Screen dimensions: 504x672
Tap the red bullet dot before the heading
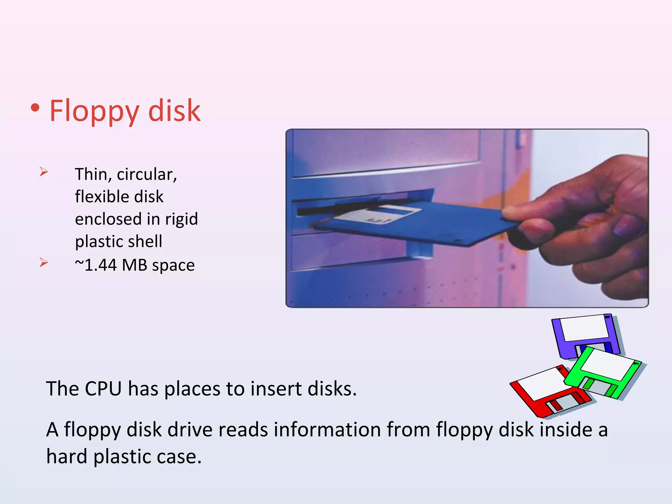35,108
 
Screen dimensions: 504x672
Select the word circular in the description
147,174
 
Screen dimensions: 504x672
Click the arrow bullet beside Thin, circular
44,171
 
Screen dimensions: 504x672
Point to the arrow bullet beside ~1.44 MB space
44,262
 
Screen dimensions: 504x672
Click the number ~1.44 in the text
96,265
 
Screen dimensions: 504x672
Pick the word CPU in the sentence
103,389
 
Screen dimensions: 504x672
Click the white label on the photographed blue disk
377,215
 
